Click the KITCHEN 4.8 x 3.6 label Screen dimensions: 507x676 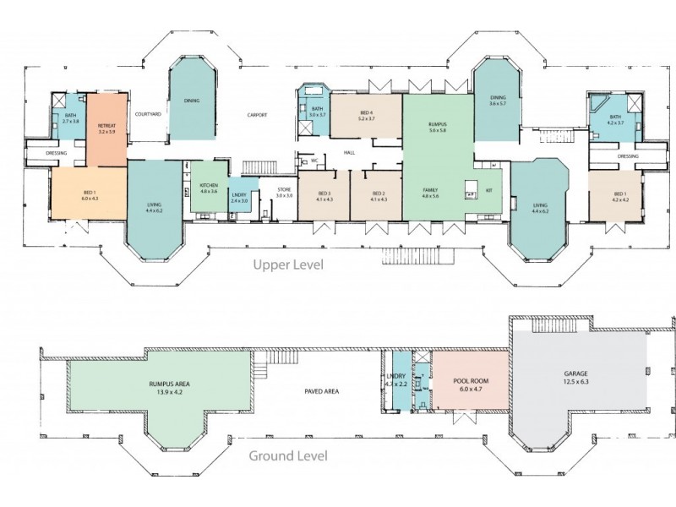pyautogui.click(x=208, y=188)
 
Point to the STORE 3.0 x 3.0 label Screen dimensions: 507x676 pyautogui.click(x=284, y=193)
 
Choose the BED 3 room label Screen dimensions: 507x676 pyautogui.click(x=324, y=196)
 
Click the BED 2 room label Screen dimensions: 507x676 pyautogui.click(x=379, y=196)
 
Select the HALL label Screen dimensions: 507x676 pyautogui.click(x=349, y=152)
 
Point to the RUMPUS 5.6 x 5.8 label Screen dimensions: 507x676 pyautogui.click(x=436, y=128)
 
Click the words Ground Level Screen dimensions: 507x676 pyautogui.click(x=287, y=457)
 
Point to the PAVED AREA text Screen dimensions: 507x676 pyautogui.click(x=321, y=391)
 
